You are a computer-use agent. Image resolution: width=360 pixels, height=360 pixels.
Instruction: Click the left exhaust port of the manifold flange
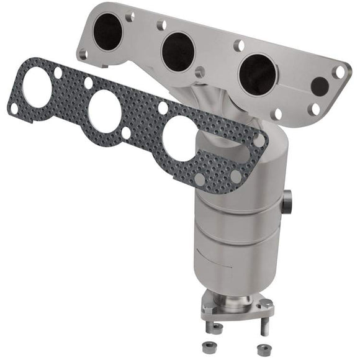pos(109,31)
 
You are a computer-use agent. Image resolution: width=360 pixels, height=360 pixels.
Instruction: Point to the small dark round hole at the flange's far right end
pos(319,86)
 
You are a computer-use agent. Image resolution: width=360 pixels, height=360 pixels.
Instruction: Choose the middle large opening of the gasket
pos(104,112)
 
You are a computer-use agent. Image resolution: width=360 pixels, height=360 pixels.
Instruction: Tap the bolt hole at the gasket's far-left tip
pos(14,108)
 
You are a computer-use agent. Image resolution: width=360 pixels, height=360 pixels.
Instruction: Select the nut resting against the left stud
pos(217,327)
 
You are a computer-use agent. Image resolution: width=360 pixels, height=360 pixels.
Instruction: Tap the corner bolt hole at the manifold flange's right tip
pos(339,72)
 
